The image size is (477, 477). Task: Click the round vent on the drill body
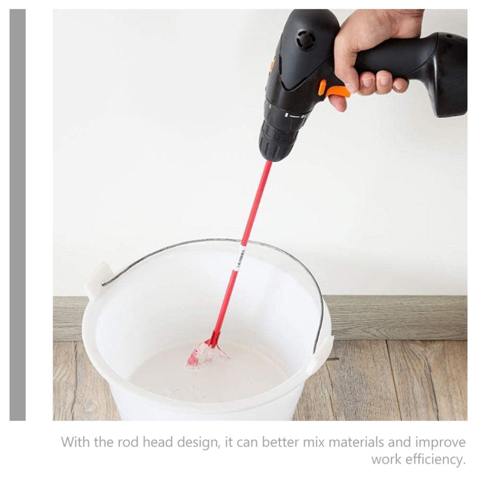[x=305, y=40]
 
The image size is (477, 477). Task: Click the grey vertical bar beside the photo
[x=18, y=215]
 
